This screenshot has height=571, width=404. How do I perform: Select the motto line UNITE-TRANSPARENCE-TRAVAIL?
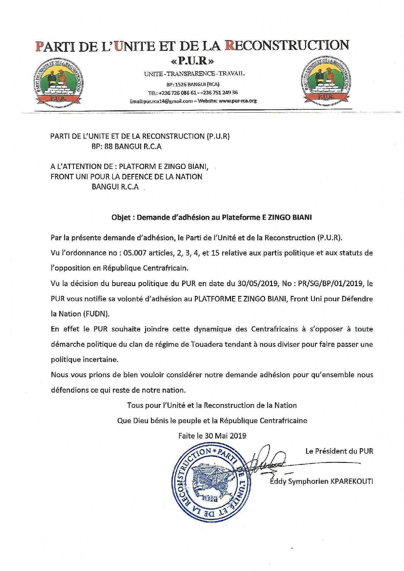click(x=194, y=74)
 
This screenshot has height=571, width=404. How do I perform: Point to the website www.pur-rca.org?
click(x=238, y=101)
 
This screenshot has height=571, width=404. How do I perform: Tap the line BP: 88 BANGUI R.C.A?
click(x=127, y=146)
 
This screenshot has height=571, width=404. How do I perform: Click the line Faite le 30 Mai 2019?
click(x=212, y=436)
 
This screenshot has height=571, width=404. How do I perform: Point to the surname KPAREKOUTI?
click(x=352, y=481)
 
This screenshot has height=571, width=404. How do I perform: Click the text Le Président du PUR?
click(x=339, y=451)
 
